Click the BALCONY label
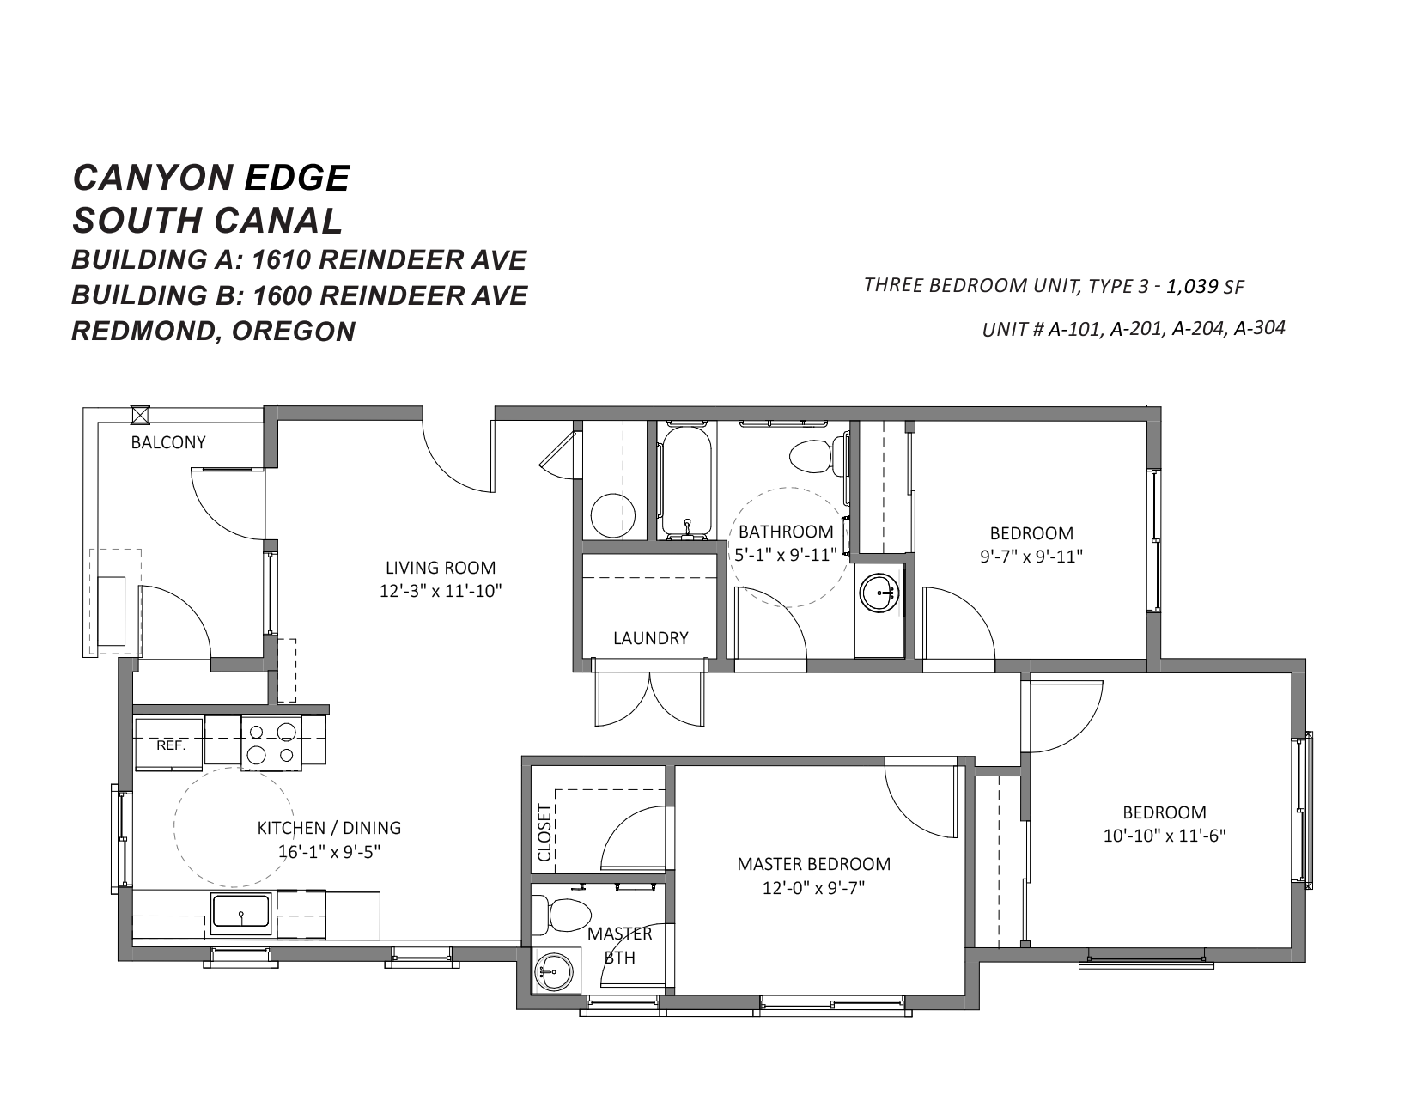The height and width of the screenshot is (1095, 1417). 168,443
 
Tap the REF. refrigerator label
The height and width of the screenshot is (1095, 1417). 171,745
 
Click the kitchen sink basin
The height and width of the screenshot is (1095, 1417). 240,910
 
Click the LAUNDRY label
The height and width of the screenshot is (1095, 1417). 651,638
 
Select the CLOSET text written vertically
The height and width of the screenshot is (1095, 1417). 544,832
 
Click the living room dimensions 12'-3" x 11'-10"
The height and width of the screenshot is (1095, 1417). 441,591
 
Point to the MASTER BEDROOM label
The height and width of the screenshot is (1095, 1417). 814,864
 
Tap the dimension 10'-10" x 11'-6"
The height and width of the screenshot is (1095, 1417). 1165,836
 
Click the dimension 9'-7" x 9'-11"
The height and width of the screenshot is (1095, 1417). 1031,557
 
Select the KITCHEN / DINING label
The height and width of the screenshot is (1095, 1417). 329,828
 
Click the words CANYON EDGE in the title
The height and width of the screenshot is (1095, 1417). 211,178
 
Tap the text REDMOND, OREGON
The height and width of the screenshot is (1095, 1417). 213,332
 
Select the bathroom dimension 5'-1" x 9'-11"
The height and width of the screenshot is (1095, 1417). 786,555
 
